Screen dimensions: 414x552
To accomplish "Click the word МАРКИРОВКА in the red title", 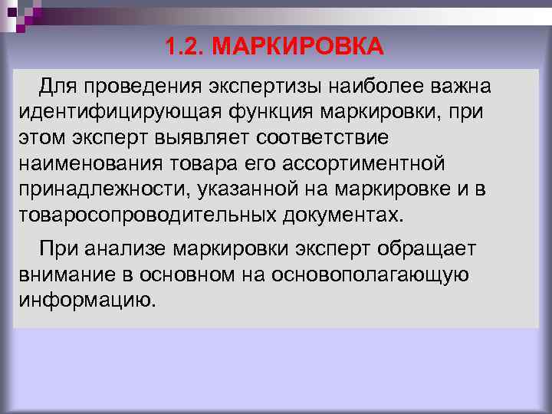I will coord(297,48).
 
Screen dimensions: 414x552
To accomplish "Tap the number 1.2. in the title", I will coord(184,48).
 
